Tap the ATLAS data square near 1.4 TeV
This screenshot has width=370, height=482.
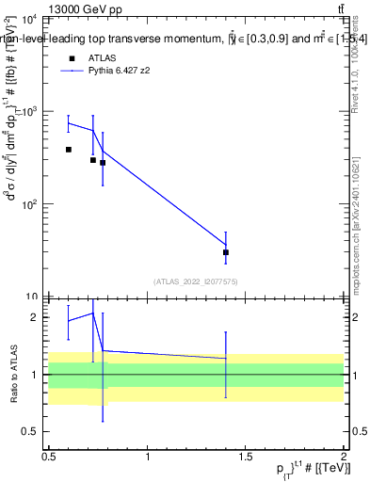pyautogui.click(x=226, y=252)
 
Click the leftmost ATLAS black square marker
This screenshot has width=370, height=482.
pyautogui.click(x=69, y=150)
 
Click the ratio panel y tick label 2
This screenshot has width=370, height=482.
pyautogui.click(x=37, y=317)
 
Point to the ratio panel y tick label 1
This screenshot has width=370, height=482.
pyautogui.click(x=37, y=375)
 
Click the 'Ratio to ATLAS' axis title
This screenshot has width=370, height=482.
pyautogui.click(x=12, y=374)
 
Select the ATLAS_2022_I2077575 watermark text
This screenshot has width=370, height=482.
pyautogui.click(x=197, y=281)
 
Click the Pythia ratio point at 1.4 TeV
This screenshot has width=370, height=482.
pyautogui.click(x=226, y=358)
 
